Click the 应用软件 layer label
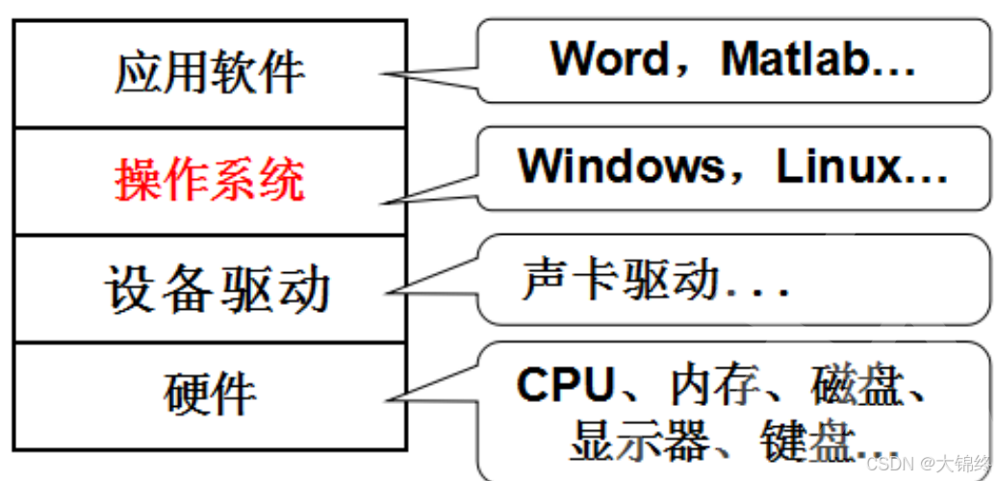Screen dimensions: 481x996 [x=209, y=73]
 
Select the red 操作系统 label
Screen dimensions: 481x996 [x=209, y=180]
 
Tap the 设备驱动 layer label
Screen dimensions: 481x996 [x=217, y=288]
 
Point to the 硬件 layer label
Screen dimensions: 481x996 [x=210, y=393]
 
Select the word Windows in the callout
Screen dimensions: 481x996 [x=620, y=166]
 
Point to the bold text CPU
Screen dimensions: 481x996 [x=564, y=387]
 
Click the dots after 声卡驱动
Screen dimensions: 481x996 [x=761, y=289]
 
